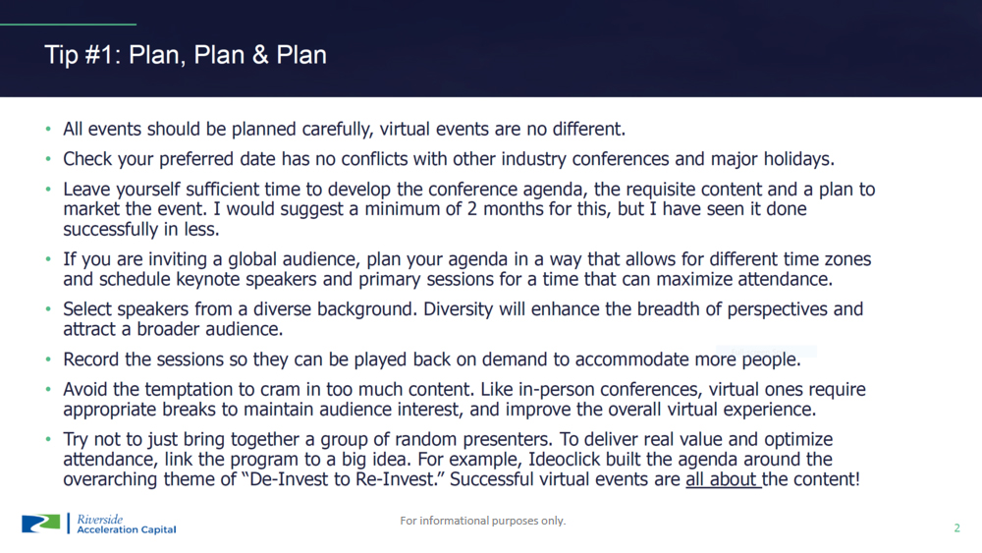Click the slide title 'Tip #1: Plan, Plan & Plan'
[186, 55]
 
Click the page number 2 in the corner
[956, 527]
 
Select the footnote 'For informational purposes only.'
[483, 521]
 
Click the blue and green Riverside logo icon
[40, 524]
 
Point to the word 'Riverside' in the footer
[99, 520]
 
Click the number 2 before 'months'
[471, 209]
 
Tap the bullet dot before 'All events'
[48, 129]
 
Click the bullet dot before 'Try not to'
[48, 439]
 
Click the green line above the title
[69, 25]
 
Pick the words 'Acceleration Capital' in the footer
[127, 529]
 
